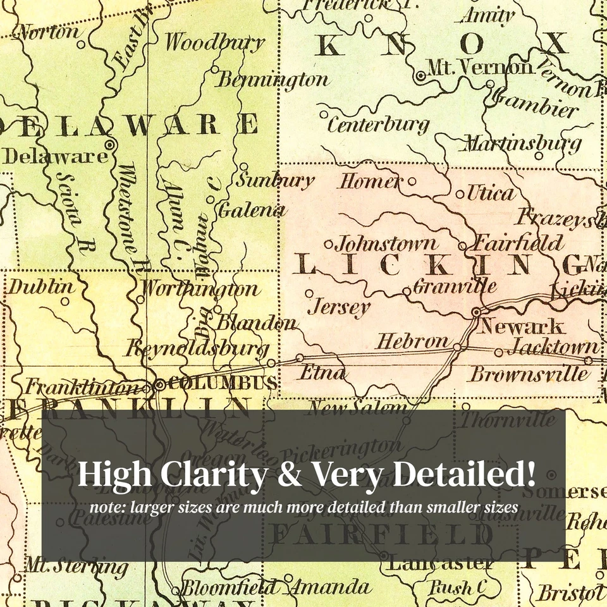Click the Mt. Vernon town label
pyautogui.click(x=481, y=66)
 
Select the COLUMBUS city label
pyautogui.click(x=224, y=383)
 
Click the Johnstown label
pyautogui.click(x=386, y=243)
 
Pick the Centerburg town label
pyautogui.click(x=378, y=125)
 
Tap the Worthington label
pyautogui.click(x=200, y=290)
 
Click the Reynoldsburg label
pyautogui.click(x=197, y=348)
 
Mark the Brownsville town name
pyautogui.click(x=529, y=374)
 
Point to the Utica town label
pyautogui.click(x=491, y=193)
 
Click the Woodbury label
pyautogui.click(x=215, y=42)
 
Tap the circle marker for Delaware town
pyautogui.click(x=109, y=145)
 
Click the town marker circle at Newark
pyautogui.click(x=476, y=312)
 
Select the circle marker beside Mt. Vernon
pyautogui.click(x=420, y=75)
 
